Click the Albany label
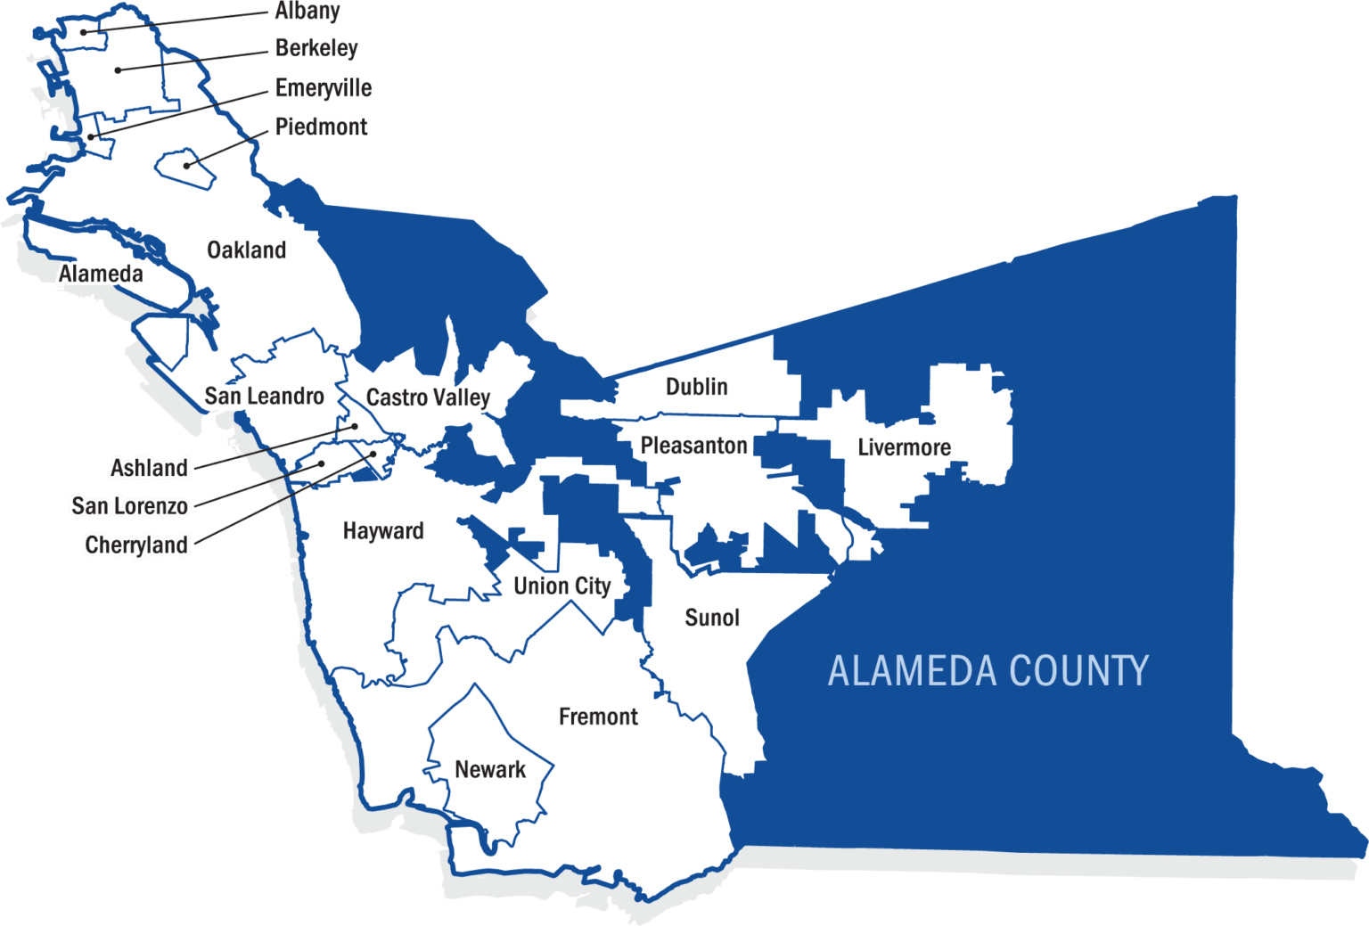307,11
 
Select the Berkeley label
316,48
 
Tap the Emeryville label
323,88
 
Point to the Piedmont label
321,127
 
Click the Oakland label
246,250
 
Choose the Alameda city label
101,274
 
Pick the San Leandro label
264,397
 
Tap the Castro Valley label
428,397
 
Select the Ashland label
149,467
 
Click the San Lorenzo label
130,506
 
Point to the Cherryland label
136,545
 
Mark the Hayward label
383,531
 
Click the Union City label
562,586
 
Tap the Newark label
490,769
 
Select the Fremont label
598,717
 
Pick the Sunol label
712,618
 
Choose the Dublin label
697,387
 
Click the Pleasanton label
693,446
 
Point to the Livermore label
904,447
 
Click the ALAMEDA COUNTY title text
988,671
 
